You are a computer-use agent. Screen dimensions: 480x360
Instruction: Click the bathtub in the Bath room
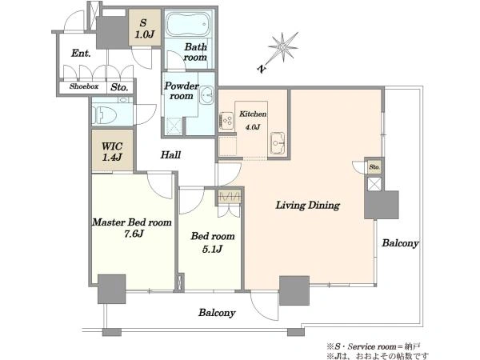pyautogui.click(x=189, y=24)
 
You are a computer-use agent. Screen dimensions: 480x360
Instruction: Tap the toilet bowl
pyautogui.click(x=105, y=115)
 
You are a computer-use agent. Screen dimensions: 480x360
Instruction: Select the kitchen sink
pyautogui.click(x=278, y=143)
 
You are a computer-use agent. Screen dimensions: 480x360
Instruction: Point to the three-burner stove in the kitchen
pyautogui.click(x=226, y=120)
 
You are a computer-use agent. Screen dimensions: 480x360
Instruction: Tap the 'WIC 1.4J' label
pyautogui.click(x=112, y=151)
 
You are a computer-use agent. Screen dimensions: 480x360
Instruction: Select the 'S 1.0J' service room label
pyautogui.click(x=144, y=29)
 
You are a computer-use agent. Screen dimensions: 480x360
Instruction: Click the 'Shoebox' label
pyautogui.click(x=84, y=86)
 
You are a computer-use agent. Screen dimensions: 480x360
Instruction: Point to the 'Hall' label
pyautogui.click(x=170, y=155)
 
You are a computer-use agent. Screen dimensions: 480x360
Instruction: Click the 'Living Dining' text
pyautogui.click(x=308, y=205)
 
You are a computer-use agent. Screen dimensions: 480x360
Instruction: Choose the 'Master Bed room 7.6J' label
pyautogui.click(x=132, y=228)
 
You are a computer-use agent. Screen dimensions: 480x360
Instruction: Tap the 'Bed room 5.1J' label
pyautogui.click(x=213, y=242)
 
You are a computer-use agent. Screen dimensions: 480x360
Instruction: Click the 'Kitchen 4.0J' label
pyautogui.click(x=253, y=120)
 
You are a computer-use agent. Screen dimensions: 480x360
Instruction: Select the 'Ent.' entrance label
pyautogui.click(x=81, y=54)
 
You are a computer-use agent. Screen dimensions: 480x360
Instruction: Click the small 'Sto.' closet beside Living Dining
pyautogui.click(x=374, y=167)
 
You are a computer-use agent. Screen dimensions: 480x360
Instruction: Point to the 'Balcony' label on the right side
pyautogui.click(x=400, y=243)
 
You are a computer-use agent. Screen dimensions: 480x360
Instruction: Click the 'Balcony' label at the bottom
pyautogui.click(x=217, y=313)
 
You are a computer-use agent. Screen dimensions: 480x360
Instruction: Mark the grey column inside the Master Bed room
pyautogui.click(x=112, y=289)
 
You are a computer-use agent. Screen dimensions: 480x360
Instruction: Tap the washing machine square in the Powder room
pyautogui.click(x=174, y=126)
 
